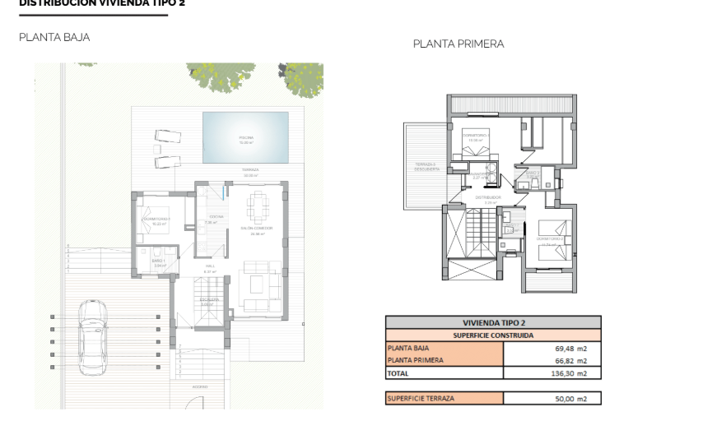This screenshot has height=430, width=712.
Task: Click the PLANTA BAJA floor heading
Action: (54, 37)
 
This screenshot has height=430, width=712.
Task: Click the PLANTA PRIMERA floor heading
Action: (458, 44)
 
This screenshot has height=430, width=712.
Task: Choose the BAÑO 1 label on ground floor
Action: (159, 261)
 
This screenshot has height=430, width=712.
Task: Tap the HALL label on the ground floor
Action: (210, 267)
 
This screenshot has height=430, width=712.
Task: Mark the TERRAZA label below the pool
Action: (250, 170)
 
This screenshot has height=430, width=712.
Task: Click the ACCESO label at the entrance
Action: (200, 386)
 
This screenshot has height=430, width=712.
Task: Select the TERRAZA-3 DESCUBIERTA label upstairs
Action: (426, 166)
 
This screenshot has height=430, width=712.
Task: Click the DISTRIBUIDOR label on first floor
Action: (488, 197)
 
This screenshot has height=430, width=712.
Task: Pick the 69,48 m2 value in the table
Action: (571, 348)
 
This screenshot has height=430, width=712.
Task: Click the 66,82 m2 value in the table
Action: (571, 360)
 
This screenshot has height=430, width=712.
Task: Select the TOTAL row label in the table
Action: (398, 373)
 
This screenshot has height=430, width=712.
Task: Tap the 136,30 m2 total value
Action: (570, 373)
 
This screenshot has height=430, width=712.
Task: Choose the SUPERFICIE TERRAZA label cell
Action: (420, 399)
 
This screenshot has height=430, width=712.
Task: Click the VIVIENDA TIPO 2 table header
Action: (493, 323)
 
